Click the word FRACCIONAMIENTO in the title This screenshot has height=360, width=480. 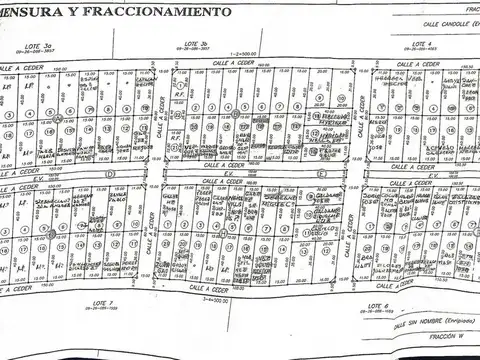155,12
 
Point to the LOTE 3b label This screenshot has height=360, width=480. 195,45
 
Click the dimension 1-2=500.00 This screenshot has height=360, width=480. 243,54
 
